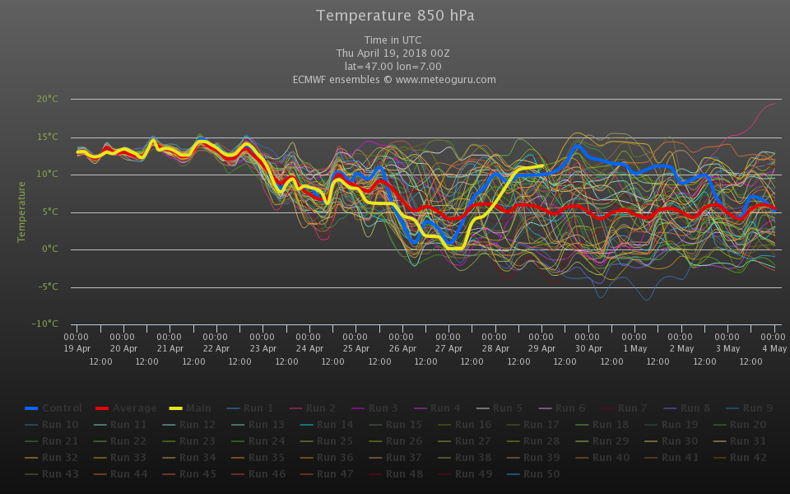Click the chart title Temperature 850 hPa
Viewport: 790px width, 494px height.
[x=395, y=16]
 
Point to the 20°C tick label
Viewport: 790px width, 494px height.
[x=48, y=99]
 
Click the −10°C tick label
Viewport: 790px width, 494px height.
[x=46, y=324]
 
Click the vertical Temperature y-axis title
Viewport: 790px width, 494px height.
[x=22, y=212]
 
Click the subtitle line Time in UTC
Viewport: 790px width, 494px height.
[x=394, y=40]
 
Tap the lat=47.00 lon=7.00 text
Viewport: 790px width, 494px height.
[x=394, y=67]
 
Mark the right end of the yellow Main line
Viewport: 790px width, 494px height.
[x=542, y=165]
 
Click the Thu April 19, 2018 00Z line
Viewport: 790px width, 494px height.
[x=394, y=54]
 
